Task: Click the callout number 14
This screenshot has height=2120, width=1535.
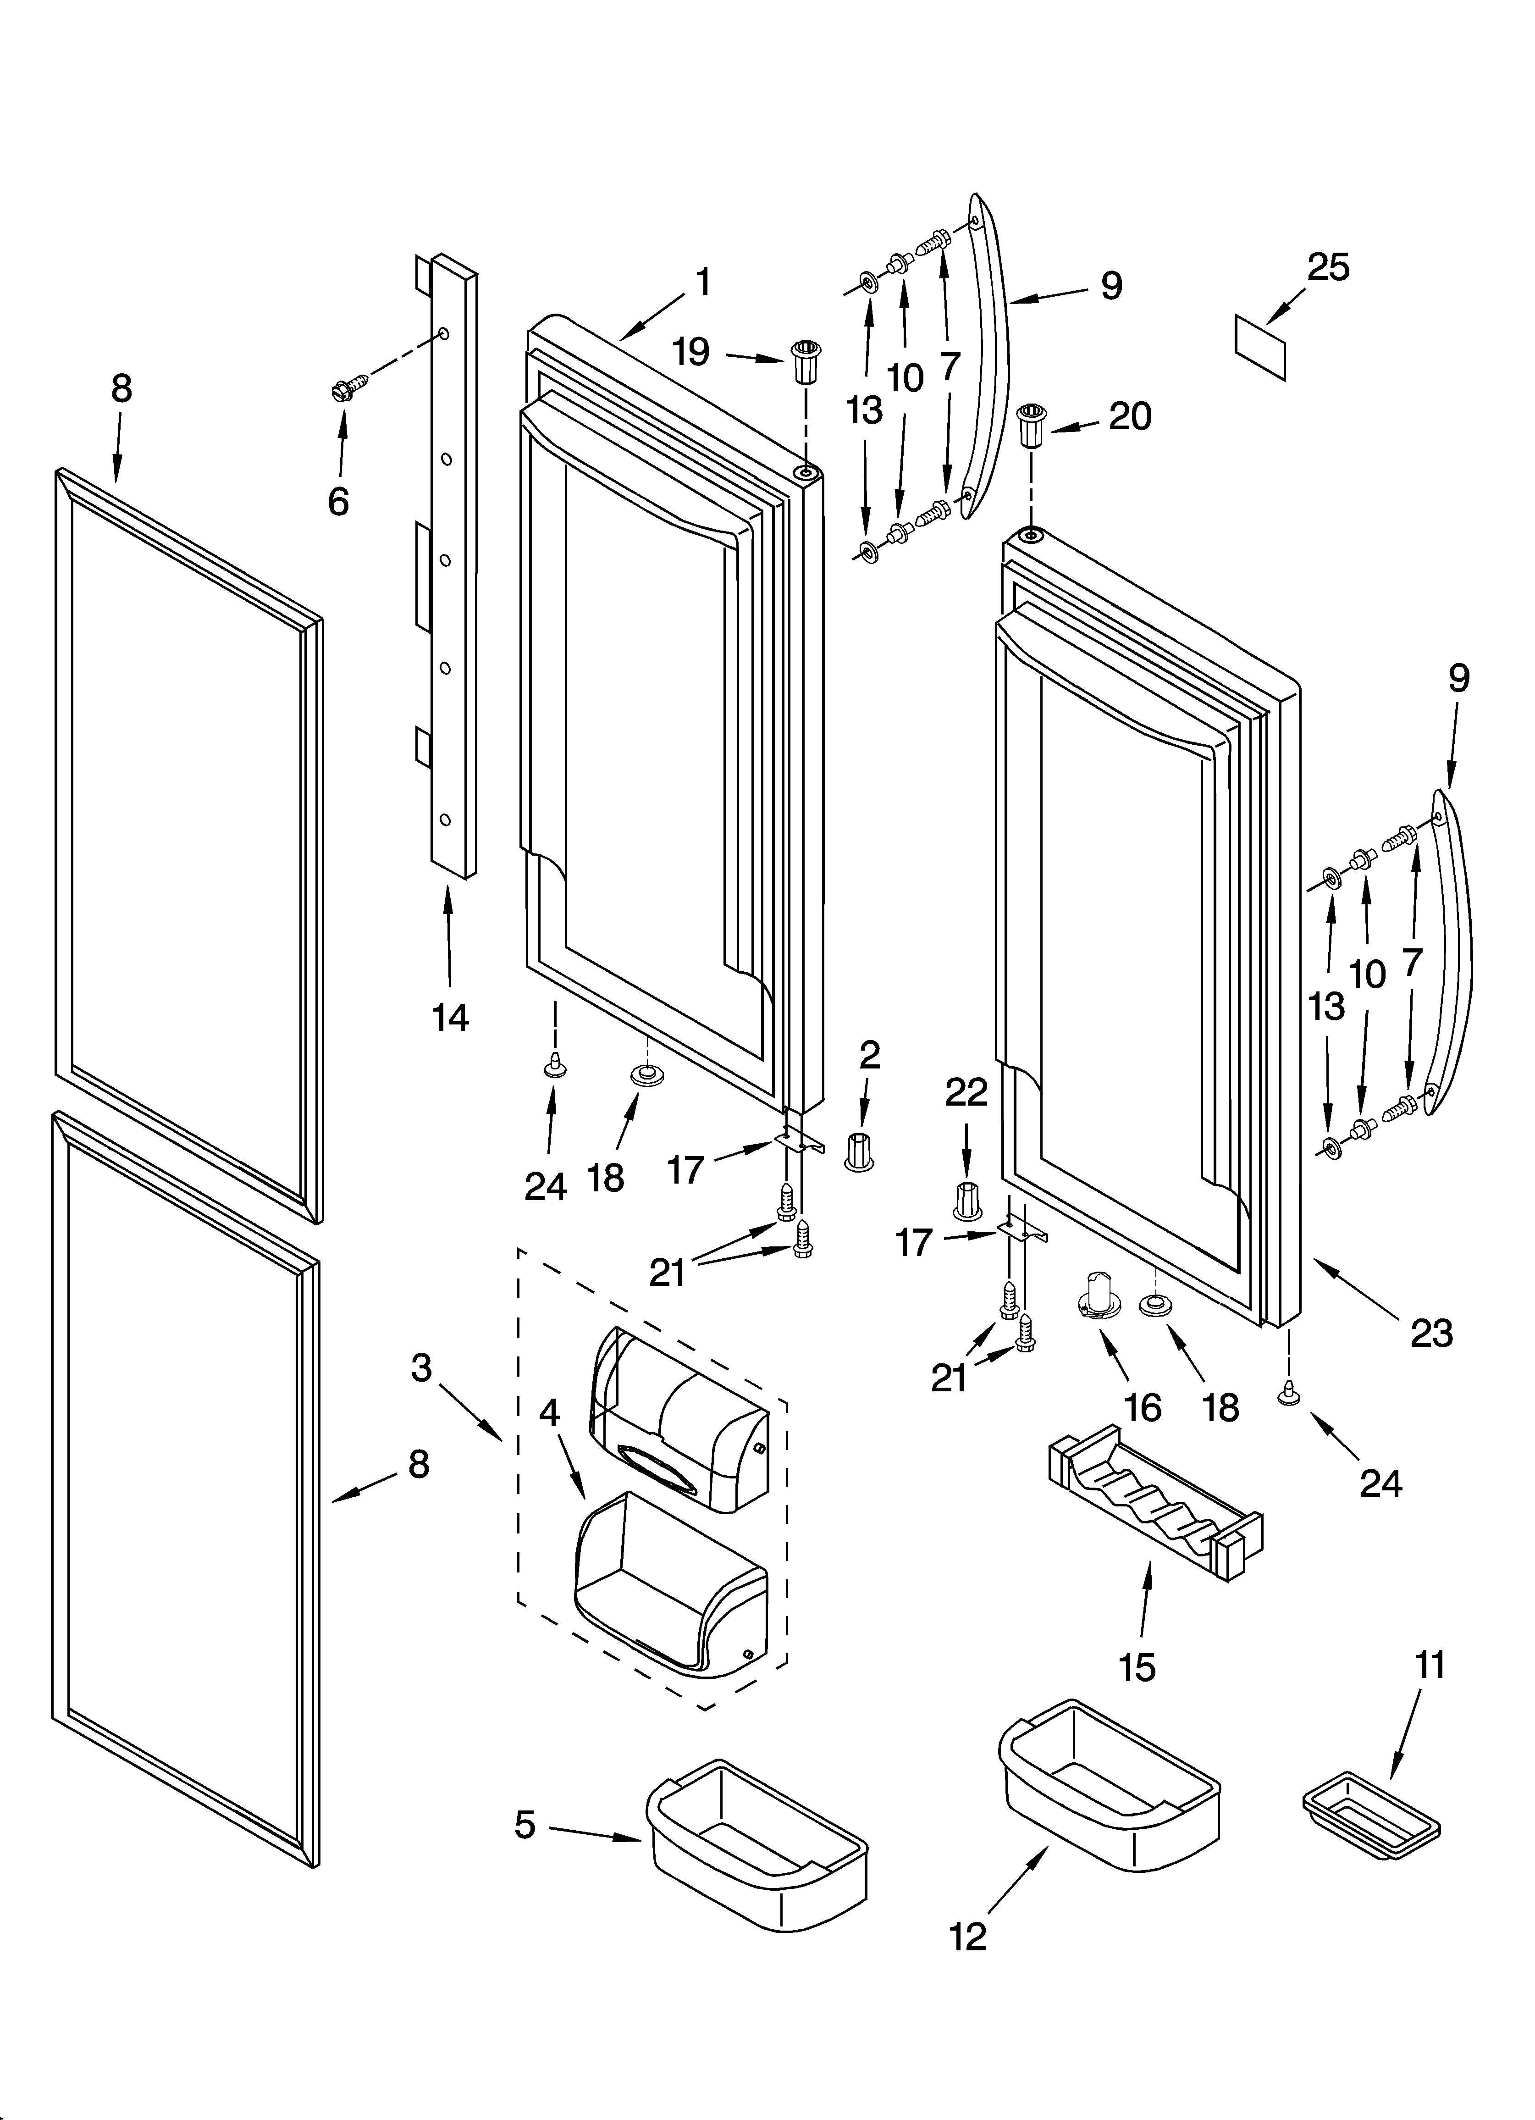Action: coord(450,1017)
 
